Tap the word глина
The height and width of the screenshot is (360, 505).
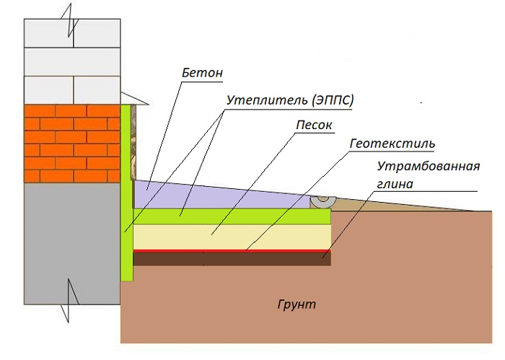pos(394,184)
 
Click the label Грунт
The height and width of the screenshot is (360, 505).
pos(296,304)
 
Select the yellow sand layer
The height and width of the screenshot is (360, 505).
pos(231,235)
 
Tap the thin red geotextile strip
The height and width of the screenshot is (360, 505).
pos(231,250)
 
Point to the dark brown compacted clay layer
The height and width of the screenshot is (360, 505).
pos(231,258)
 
